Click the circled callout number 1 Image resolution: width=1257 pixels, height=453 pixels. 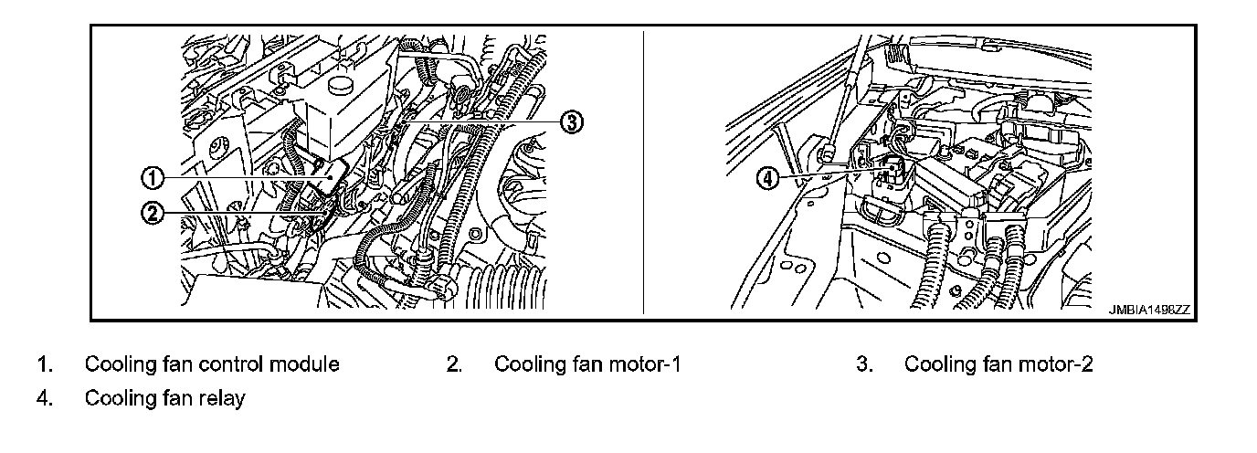pos(153,175)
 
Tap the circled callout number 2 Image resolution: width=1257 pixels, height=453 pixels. pos(153,214)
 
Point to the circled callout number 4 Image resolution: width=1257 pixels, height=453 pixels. pos(769,179)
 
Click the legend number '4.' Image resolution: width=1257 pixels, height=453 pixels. pos(44,399)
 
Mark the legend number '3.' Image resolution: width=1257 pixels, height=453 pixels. pos(864,364)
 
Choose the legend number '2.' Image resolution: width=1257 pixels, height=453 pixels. pos(454,364)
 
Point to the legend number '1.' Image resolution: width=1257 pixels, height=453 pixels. pos(44,364)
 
